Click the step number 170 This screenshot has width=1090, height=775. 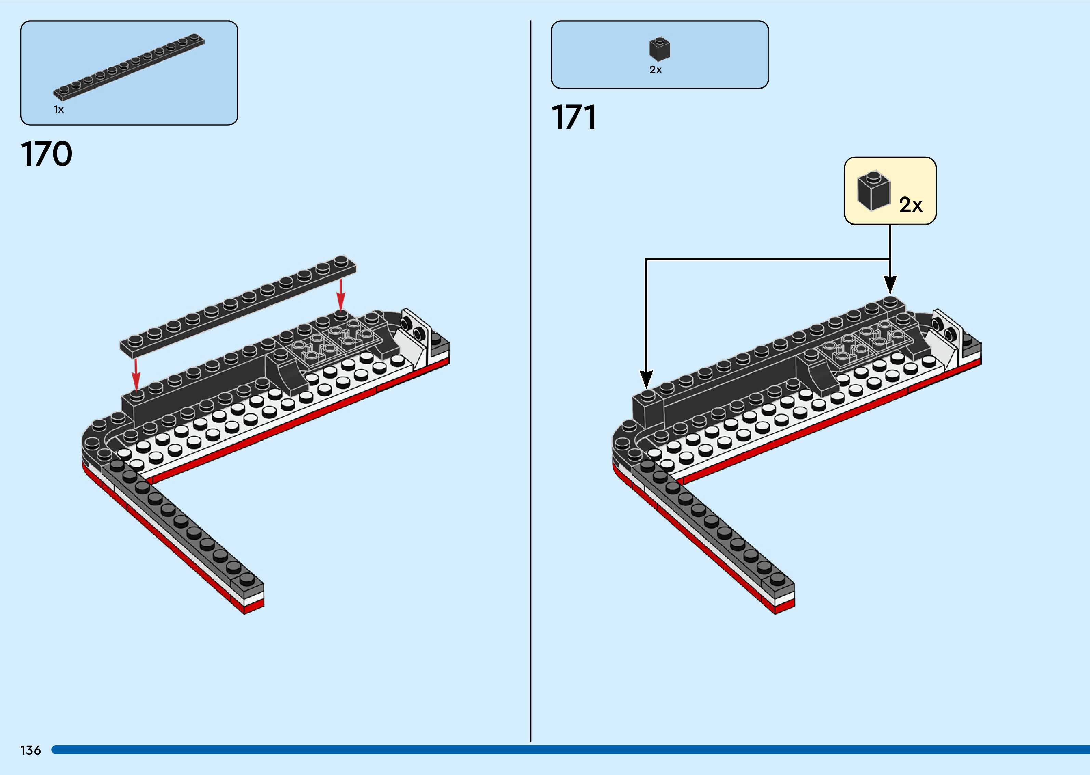(x=46, y=154)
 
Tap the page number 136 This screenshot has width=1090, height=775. (x=30, y=750)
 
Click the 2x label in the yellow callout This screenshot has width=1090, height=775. (x=911, y=205)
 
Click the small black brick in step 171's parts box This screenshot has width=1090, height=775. (x=660, y=49)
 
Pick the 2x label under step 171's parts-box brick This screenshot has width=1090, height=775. (x=656, y=70)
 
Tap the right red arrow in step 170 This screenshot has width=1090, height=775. (x=340, y=295)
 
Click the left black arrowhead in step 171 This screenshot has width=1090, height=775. (x=646, y=380)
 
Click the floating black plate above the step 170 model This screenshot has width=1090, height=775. (x=238, y=306)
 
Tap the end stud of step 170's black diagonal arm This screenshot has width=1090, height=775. (x=247, y=579)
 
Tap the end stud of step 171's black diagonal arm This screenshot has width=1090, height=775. (x=777, y=579)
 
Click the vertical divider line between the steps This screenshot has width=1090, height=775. (x=531, y=382)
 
